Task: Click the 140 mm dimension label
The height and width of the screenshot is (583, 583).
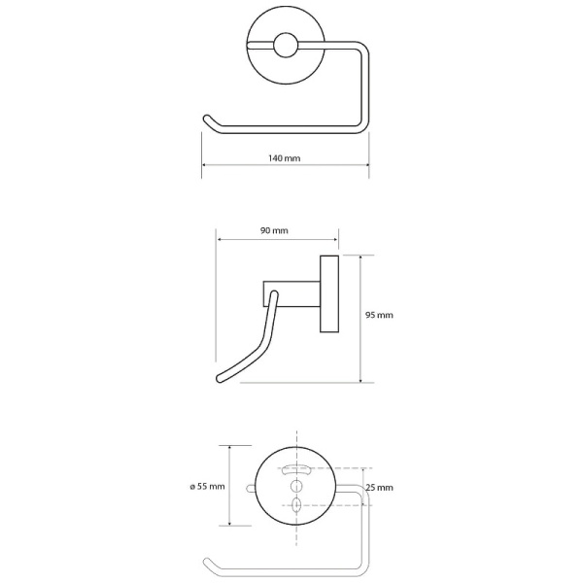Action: pyautogui.click(x=285, y=158)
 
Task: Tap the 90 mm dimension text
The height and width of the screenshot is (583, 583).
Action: pyautogui.click(x=274, y=230)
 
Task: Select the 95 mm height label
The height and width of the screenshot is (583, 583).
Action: pyautogui.click(x=379, y=315)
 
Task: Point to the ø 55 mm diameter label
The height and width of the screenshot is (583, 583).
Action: pyautogui.click(x=208, y=487)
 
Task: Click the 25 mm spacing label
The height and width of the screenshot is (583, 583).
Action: pyautogui.click(x=379, y=488)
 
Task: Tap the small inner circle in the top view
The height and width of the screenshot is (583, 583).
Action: pyautogui.click(x=286, y=46)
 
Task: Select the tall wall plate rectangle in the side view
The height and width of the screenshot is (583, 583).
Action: pyautogui.click(x=329, y=293)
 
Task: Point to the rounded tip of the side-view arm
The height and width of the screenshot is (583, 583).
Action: pyautogui.click(x=221, y=379)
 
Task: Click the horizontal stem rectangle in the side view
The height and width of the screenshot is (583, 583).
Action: pyautogui.click(x=291, y=293)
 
